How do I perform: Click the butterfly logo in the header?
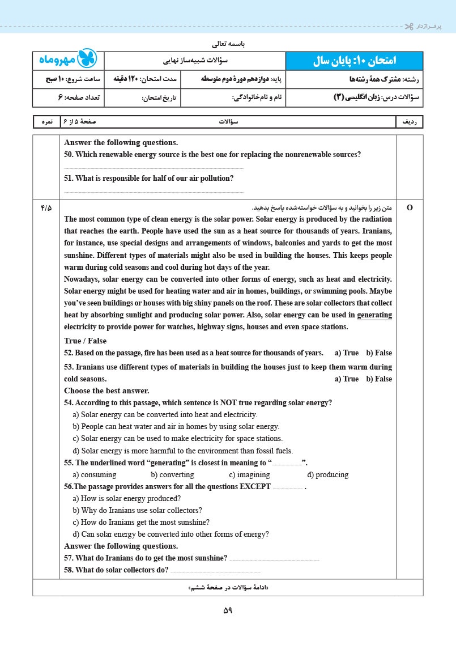(87, 60)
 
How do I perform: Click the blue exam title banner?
(354, 61)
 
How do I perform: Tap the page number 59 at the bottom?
(228, 610)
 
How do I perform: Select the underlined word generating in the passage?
(374, 315)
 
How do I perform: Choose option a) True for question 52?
(347, 353)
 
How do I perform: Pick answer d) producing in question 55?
(327, 474)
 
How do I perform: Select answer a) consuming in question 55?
(95, 474)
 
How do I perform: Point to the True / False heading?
(85, 341)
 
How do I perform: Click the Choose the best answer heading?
(106, 391)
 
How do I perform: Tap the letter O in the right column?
(410, 208)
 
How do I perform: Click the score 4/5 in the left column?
(46, 208)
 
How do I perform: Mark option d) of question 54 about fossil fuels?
(183, 451)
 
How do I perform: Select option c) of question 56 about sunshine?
(141, 522)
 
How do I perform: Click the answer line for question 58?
(215, 571)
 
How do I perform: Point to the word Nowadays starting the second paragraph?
(83, 279)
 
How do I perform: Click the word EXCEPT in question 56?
(255, 486)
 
